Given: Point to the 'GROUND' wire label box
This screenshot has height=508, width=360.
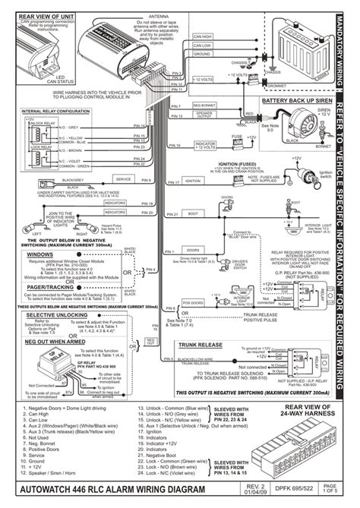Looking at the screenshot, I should [202, 54].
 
